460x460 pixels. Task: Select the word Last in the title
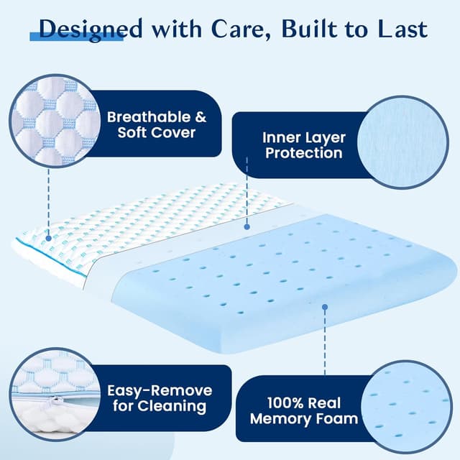pos(400,29)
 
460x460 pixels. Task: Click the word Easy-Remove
pos(160,391)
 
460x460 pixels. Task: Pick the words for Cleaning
pos(160,408)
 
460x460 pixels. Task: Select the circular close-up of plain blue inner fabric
pos(407,142)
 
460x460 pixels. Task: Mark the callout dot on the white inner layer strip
pos(247,226)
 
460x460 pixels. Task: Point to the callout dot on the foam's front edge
pos(324,307)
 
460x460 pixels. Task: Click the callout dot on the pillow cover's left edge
pos(48,236)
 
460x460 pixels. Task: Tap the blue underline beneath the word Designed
pos(75,37)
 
